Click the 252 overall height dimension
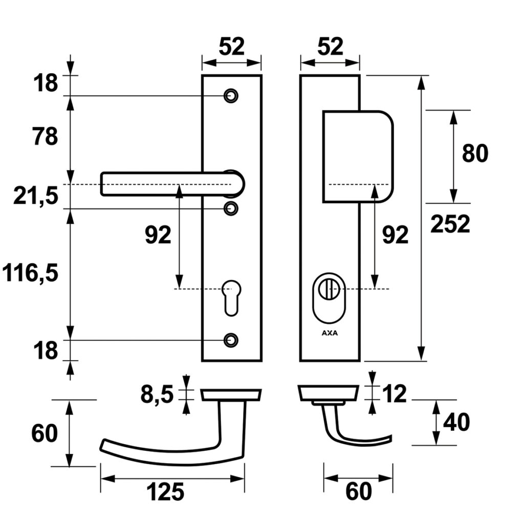[x=450, y=224]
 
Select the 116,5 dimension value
[x=30, y=274]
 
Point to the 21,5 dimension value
[x=36, y=196]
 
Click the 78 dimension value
[x=45, y=137]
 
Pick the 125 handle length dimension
[x=165, y=493]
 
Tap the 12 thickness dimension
[x=394, y=394]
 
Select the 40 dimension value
[x=456, y=423]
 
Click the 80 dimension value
[x=475, y=154]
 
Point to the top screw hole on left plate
[x=231, y=96]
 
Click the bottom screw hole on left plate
[x=231, y=339]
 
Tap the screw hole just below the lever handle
[x=231, y=208]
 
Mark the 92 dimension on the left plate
[x=158, y=235]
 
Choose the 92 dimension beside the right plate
[x=396, y=235]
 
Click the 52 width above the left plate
[x=232, y=47]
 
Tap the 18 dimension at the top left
[x=46, y=83]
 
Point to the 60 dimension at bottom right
[x=358, y=492]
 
